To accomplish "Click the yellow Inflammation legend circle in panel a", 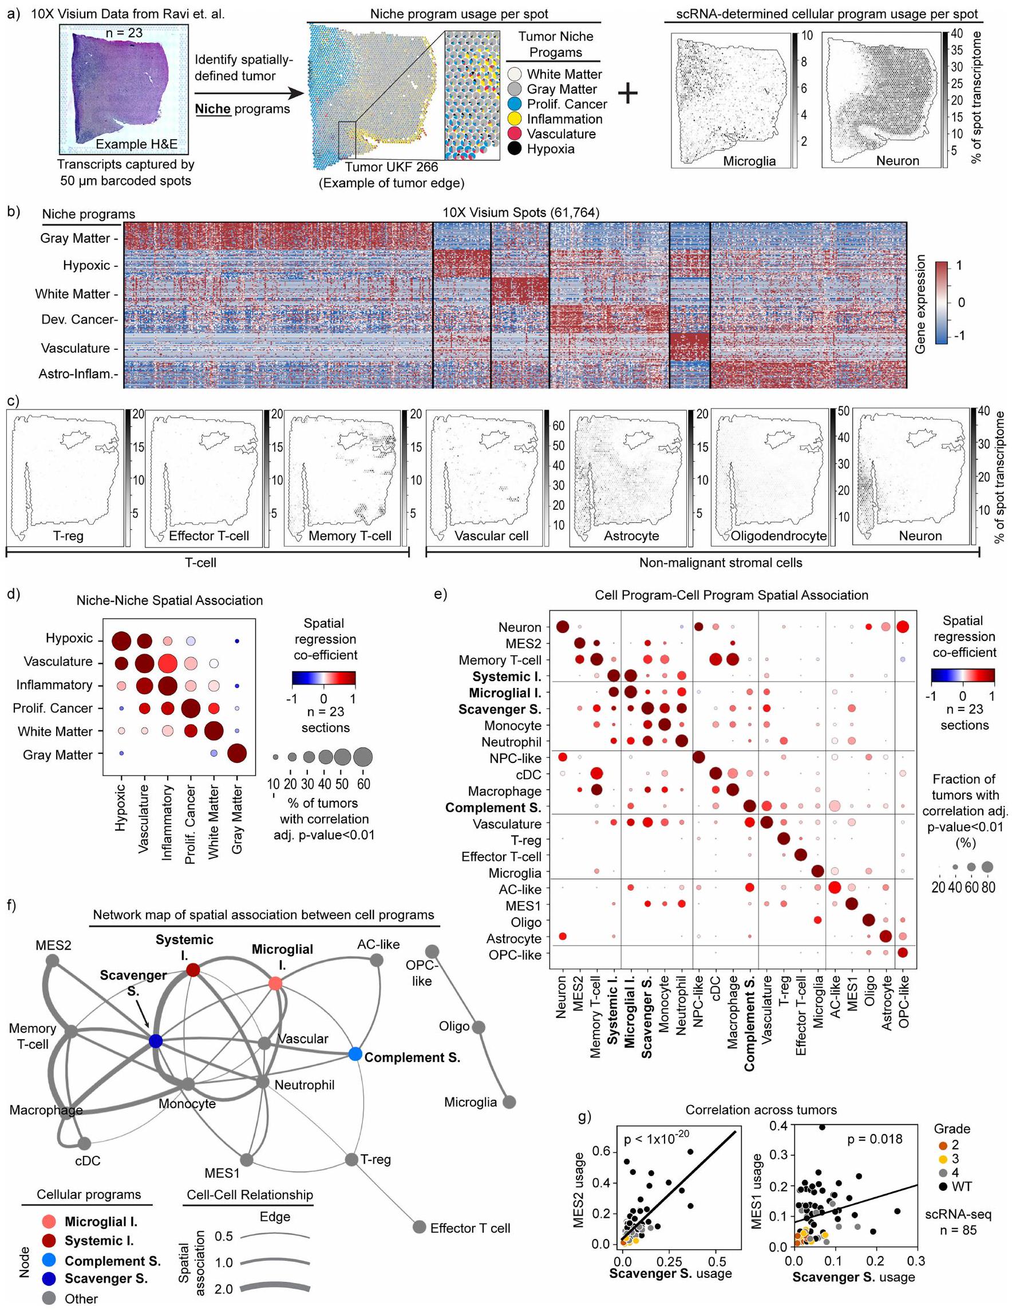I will point(516,119).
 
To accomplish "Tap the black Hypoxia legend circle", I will point(516,149).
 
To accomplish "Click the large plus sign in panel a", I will point(627,93).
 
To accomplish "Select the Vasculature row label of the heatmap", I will point(76,348).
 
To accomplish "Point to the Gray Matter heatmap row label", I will point(76,238).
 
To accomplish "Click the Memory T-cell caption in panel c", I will point(350,536).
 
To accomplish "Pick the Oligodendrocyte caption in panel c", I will point(778,536).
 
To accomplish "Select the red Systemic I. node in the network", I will point(192,969).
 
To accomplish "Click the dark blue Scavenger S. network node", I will point(155,1041).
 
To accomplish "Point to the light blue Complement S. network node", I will point(355,1054).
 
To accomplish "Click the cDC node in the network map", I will point(85,1143).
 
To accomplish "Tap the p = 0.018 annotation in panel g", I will point(874,1139).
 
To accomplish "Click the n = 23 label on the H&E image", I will point(124,33).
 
